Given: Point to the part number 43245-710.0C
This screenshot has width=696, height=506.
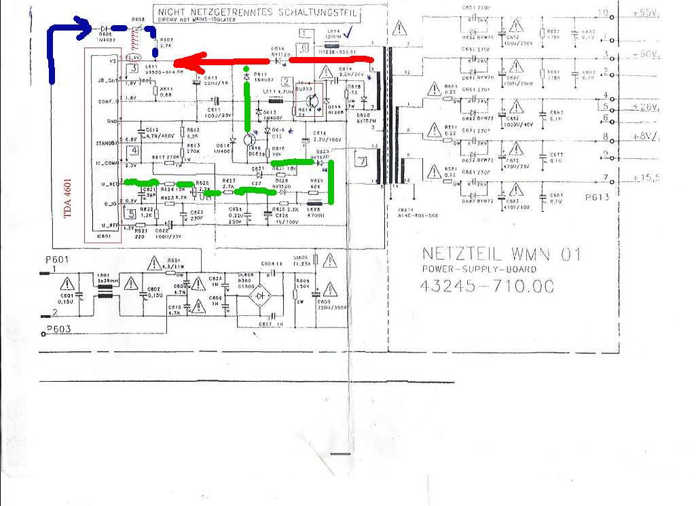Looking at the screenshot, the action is tap(488, 286).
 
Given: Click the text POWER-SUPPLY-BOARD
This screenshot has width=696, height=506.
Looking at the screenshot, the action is tap(479, 269).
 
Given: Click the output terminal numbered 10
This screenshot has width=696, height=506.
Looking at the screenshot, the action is tap(602, 12).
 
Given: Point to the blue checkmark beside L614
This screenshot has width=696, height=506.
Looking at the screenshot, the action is tap(348, 31).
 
